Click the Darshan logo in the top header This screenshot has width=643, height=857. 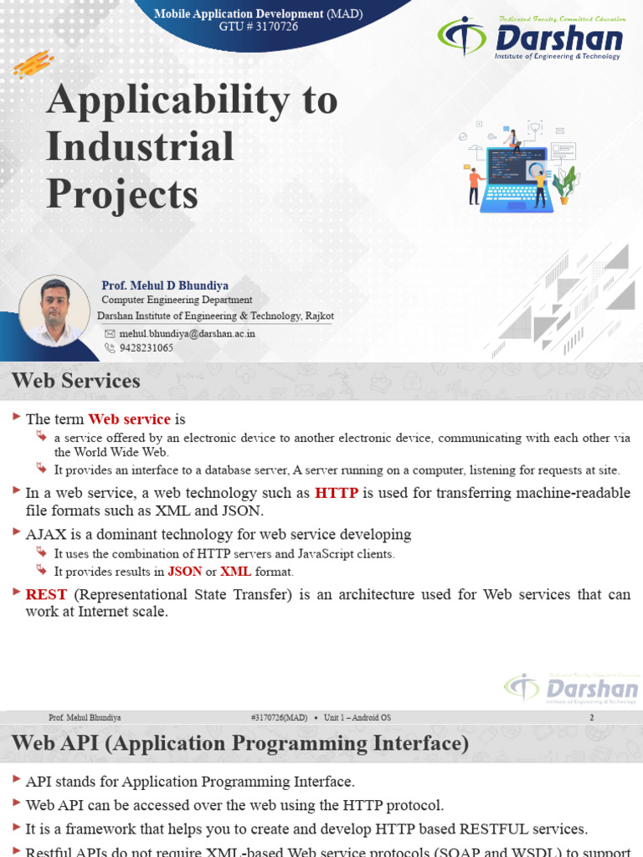(x=529, y=38)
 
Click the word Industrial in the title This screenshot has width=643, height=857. (x=140, y=147)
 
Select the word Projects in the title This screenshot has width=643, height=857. (x=122, y=194)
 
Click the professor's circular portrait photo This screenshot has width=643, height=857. (x=54, y=310)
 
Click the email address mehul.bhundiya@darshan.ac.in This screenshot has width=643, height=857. (x=187, y=333)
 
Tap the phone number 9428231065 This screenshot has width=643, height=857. (x=147, y=347)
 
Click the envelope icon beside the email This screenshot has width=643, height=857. (x=110, y=333)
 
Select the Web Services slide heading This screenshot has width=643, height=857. (x=76, y=381)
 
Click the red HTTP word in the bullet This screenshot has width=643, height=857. (x=337, y=493)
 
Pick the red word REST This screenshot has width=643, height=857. (x=46, y=594)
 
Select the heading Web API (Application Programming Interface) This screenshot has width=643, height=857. (x=239, y=743)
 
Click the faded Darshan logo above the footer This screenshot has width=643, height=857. (x=571, y=688)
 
